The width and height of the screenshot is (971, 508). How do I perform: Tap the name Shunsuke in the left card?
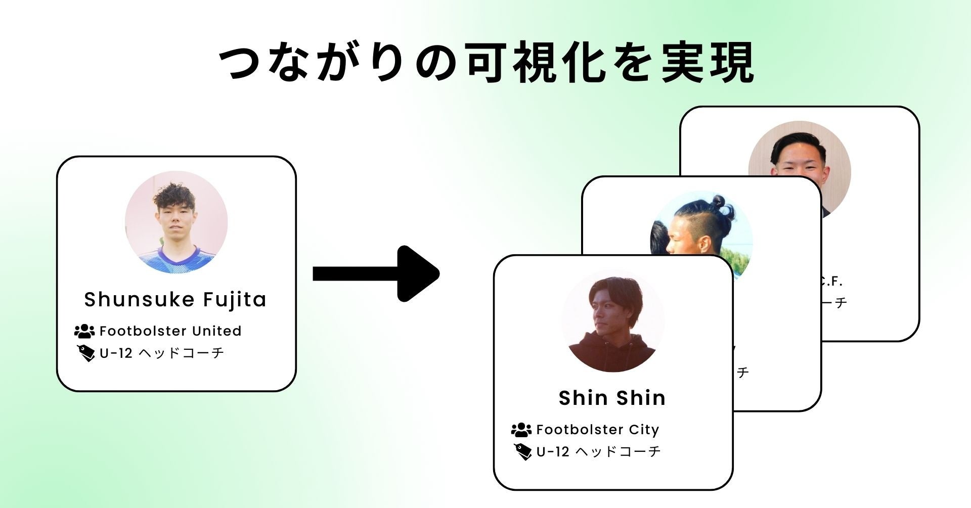[140, 299]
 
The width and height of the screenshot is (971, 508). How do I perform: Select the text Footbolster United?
[170, 331]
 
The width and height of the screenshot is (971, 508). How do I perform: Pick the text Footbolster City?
[597, 430]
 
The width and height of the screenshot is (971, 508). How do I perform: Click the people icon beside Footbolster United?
[84, 331]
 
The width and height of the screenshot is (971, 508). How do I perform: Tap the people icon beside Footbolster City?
[521, 430]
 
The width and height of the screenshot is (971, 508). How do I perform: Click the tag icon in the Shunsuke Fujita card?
[86, 353]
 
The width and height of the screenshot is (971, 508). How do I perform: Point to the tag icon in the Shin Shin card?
[522, 451]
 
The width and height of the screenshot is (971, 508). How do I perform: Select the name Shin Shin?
[612, 398]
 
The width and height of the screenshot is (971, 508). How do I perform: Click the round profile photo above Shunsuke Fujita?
[176, 222]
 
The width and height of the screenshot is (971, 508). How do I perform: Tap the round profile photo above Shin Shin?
[612, 321]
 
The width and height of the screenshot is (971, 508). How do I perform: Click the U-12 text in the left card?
[116, 353]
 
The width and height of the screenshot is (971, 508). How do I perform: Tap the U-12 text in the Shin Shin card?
[553, 451]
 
